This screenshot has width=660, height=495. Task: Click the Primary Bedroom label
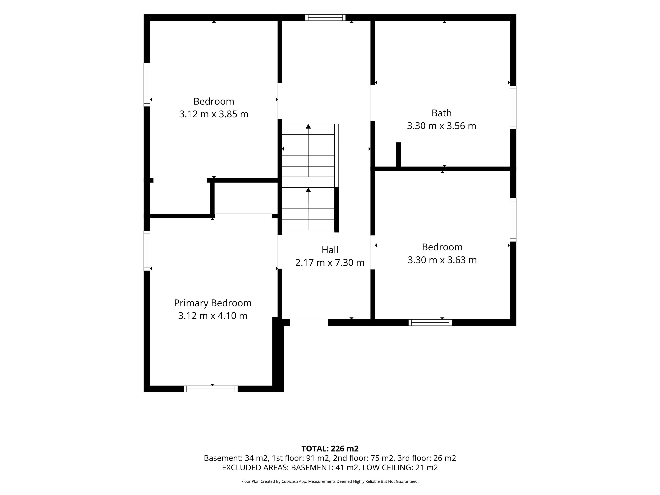[x=213, y=303]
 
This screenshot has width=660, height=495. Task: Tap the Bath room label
[x=442, y=113]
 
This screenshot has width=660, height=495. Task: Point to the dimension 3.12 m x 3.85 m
[x=214, y=114]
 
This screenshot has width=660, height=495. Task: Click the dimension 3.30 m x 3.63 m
[x=442, y=260]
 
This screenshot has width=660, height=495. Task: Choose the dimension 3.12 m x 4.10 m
[x=213, y=316]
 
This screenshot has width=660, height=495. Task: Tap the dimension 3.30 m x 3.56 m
[x=442, y=126]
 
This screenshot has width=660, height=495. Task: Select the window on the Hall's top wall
[x=325, y=18]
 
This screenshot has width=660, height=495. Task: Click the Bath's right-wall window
[x=513, y=107]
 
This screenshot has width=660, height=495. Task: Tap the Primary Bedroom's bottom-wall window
[x=211, y=389]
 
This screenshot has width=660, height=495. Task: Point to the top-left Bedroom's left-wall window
[x=147, y=85]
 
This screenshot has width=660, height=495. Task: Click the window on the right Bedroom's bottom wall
[x=430, y=323]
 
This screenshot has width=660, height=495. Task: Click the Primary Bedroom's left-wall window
[x=147, y=251]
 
